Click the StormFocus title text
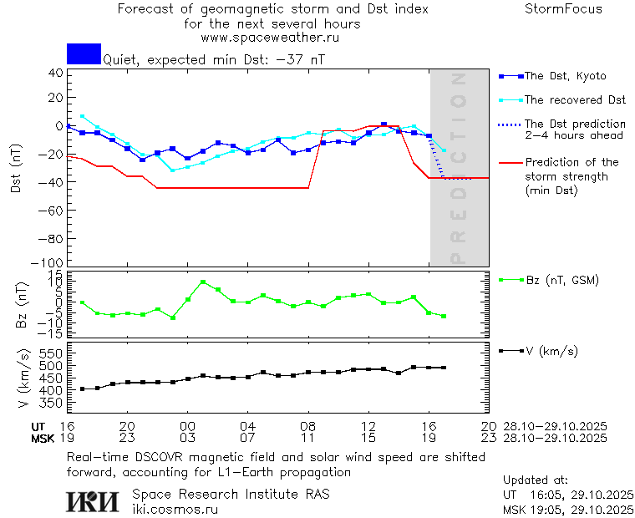(x=563, y=9)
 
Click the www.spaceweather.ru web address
(x=270, y=38)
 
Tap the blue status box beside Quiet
(x=84, y=53)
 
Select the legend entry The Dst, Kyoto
(x=565, y=76)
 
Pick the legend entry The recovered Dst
(x=575, y=100)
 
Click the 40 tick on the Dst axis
(x=56, y=73)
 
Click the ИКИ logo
(x=92, y=500)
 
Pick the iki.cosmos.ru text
(x=175, y=508)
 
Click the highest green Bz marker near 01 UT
(x=203, y=282)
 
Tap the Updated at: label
(x=535, y=480)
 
